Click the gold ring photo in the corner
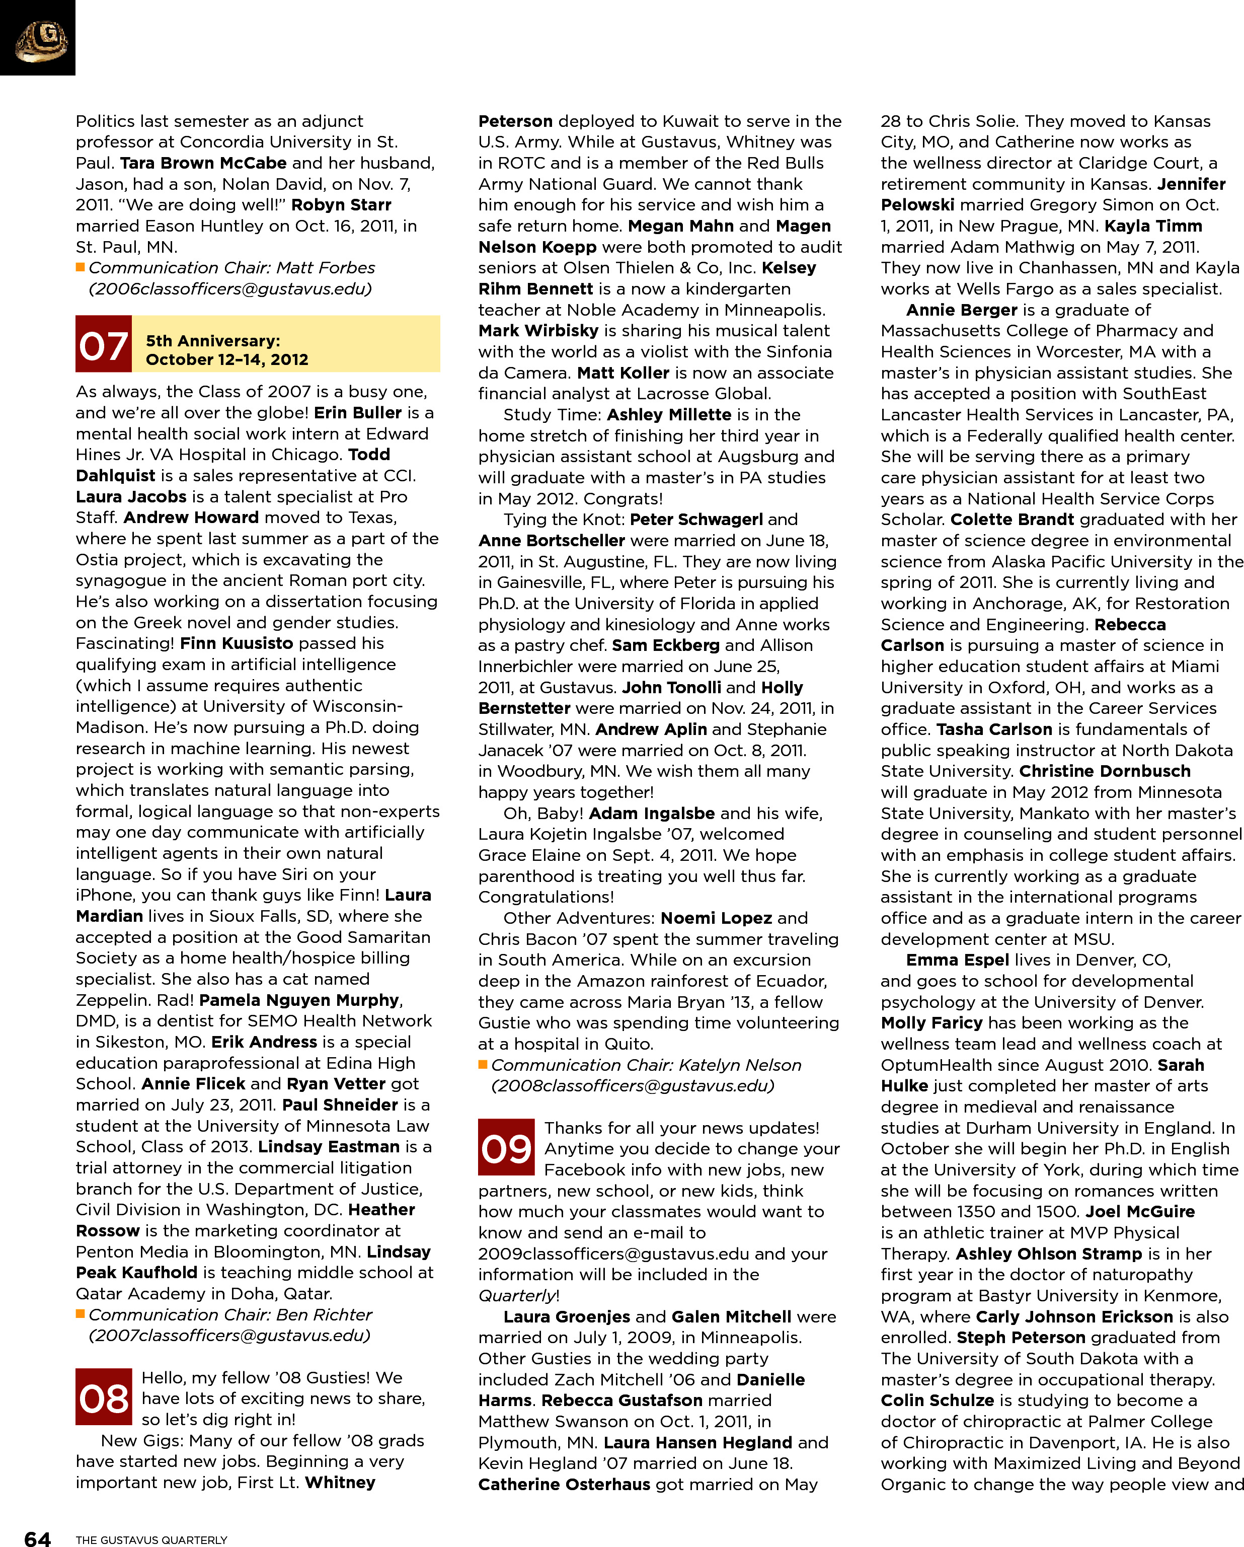click(x=40, y=39)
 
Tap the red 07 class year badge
click(x=103, y=344)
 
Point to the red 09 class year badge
click(x=506, y=1147)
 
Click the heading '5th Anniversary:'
click(x=212, y=340)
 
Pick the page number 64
click(x=37, y=1537)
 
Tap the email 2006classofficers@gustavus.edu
click(x=229, y=288)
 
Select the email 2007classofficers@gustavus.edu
click(x=229, y=1336)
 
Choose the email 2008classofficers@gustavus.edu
click(x=632, y=1086)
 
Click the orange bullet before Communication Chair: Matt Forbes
click(x=81, y=268)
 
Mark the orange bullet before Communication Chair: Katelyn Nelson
click(x=483, y=1065)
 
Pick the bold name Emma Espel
click(x=957, y=960)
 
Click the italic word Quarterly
click(x=516, y=1295)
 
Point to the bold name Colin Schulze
click(x=937, y=1400)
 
